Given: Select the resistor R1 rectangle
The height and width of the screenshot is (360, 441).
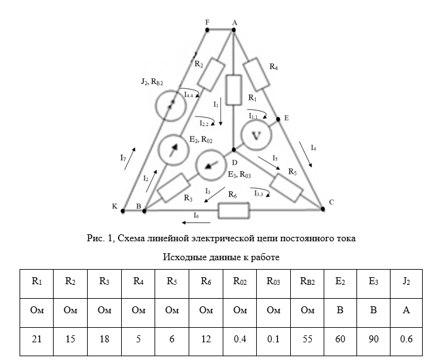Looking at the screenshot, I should pyautogui.click(x=233, y=90).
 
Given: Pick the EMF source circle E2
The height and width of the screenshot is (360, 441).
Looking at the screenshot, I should pyautogui.click(x=173, y=150).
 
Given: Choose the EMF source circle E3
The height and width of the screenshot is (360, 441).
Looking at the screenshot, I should pyautogui.click(x=210, y=165).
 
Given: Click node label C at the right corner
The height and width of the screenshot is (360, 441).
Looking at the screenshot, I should pyautogui.click(x=331, y=203).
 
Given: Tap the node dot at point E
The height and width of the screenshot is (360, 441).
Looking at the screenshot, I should pyautogui.click(x=278, y=118).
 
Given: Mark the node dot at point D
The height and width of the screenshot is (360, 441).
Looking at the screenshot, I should pyautogui.click(x=233, y=150).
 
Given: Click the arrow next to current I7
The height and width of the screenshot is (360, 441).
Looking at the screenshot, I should pyautogui.click(x=129, y=160).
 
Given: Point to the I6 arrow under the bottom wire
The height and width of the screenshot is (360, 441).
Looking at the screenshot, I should pyautogui.click(x=186, y=222).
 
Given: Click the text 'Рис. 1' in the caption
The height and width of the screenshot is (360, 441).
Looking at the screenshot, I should pyautogui.click(x=98, y=239).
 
